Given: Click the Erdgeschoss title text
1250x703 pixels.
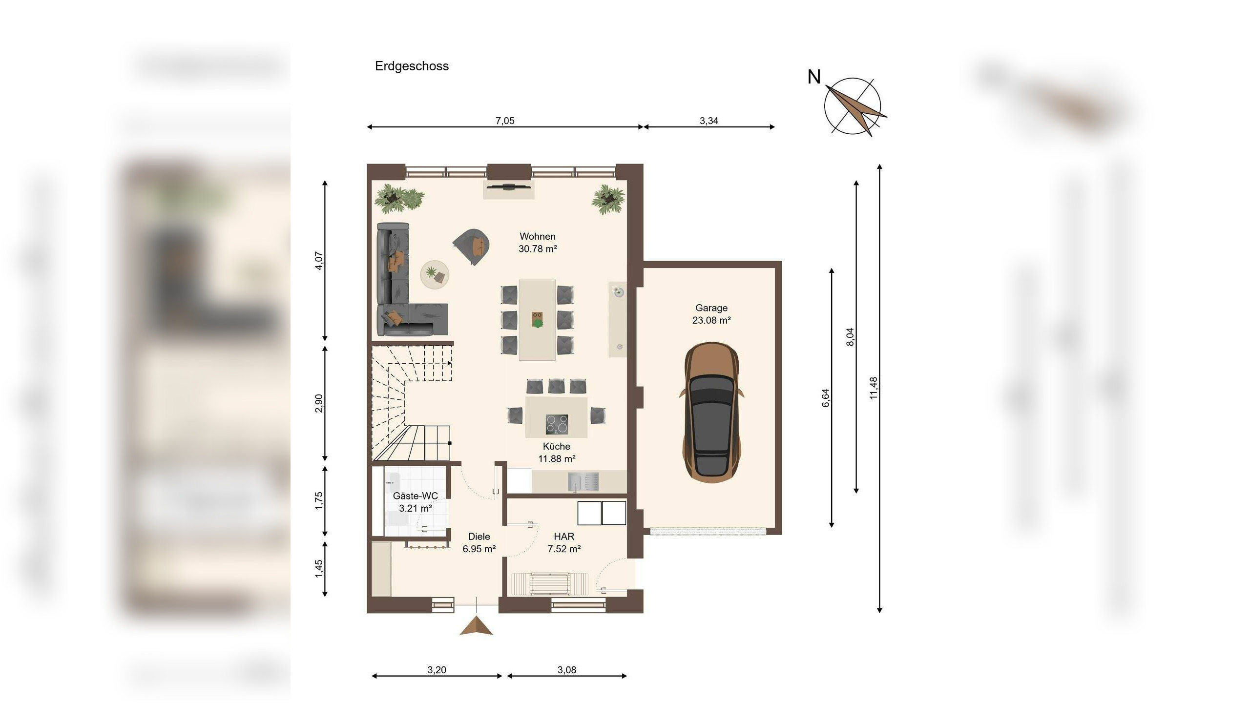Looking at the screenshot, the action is coord(412,66).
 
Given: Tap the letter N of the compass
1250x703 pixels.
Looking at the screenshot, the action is coord(814,77).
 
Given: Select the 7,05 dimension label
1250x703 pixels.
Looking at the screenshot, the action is coord(505,121).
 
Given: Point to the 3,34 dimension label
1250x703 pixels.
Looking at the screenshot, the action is coord(709,121).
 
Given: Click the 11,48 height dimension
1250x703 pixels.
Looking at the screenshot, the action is coord(874,388).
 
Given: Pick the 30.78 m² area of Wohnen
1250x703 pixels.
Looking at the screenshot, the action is coord(538,248).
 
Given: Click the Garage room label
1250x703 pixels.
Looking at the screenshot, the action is coord(711,308).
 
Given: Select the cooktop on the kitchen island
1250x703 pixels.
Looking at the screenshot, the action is coord(557,424).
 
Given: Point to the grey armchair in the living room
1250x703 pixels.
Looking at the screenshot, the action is coord(471,246).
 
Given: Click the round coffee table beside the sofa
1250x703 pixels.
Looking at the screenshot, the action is coord(435,274).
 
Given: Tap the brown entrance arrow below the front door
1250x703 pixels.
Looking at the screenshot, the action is coord(476,626).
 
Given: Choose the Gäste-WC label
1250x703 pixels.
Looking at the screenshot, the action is coord(415,496).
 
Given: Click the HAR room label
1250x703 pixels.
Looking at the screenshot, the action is coord(564,537).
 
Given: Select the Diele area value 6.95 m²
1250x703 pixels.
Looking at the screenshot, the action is coord(479,549).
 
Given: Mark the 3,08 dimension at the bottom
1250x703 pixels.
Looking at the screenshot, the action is coord(566,670).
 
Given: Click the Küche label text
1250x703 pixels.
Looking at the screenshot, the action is coord(557,446).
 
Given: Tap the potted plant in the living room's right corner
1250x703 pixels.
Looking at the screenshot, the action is coord(608,199).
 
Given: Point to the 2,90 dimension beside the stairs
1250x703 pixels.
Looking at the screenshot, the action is coord(319,403).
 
